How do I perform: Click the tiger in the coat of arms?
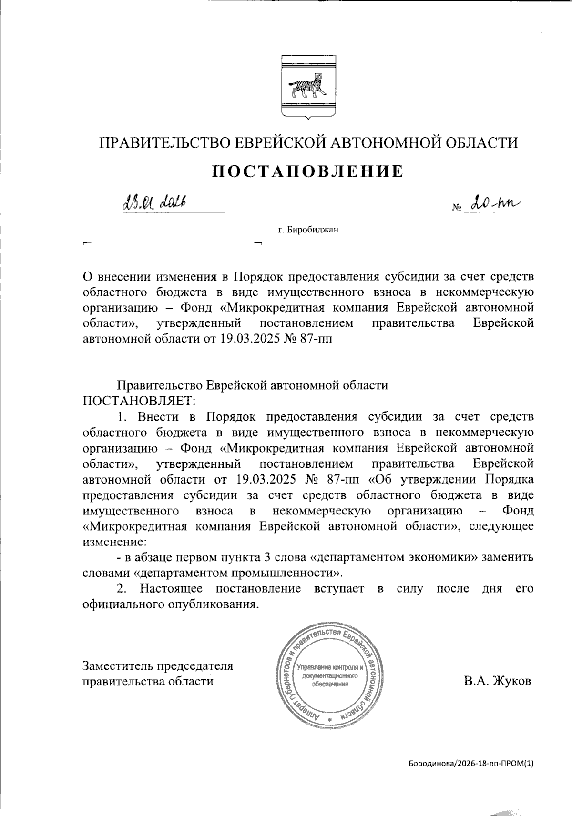click(308, 86)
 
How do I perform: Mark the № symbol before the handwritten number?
click(456, 208)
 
